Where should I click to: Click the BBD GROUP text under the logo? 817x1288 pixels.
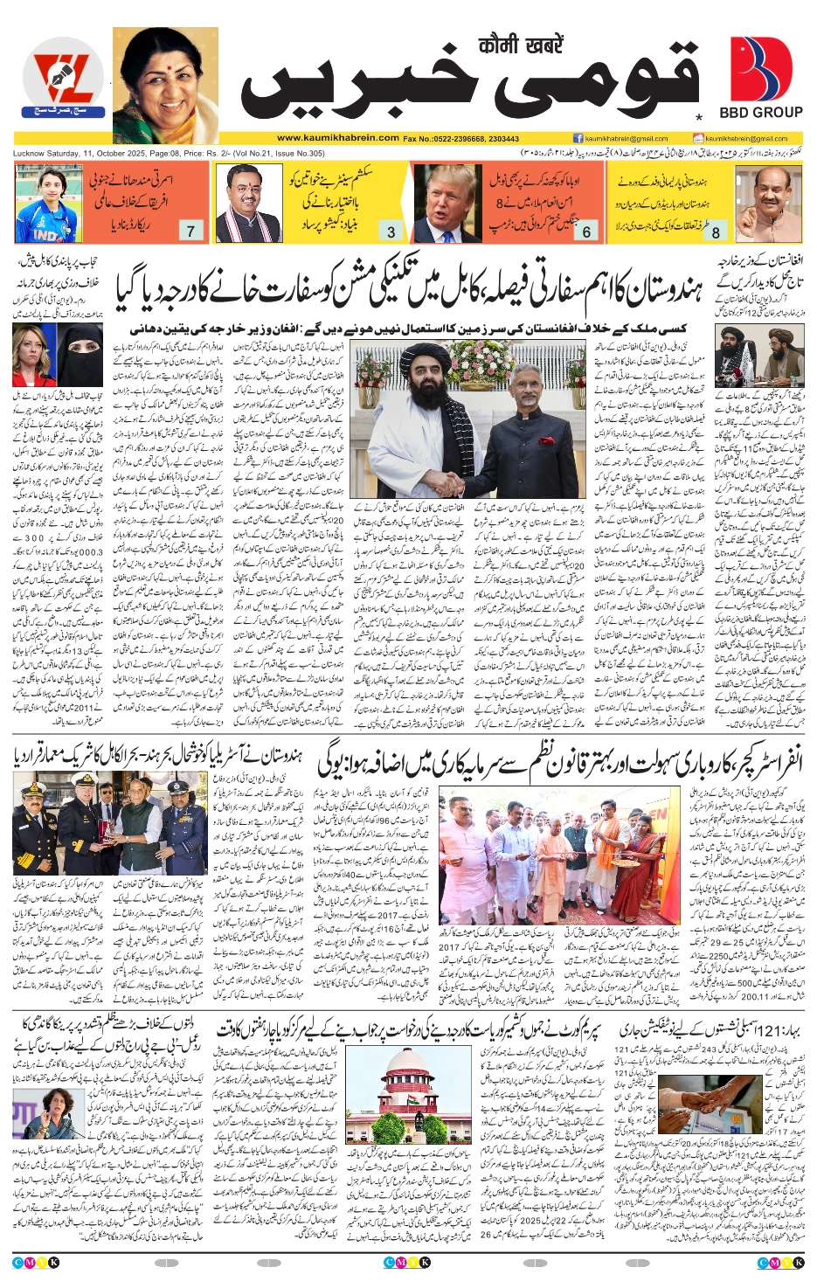[760, 112]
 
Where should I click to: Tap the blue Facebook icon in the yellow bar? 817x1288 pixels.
[578, 138]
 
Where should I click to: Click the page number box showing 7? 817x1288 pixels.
[190, 231]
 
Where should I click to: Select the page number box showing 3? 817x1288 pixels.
[391, 232]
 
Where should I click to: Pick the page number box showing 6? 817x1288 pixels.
[586, 232]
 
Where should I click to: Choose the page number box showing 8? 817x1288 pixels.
[716, 232]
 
